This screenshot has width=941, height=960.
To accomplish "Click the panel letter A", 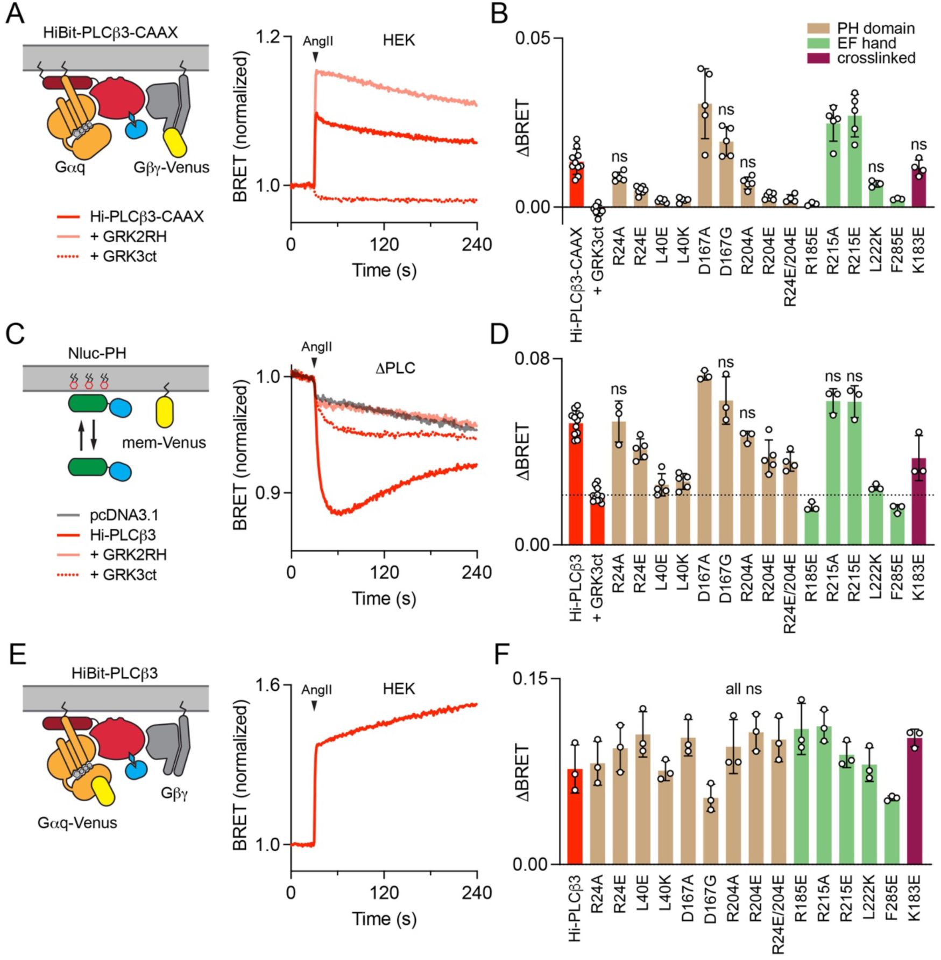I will pyautogui.click(x=15, y=13).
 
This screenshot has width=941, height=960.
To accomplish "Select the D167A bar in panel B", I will pyautogui.click(x=705, y=156).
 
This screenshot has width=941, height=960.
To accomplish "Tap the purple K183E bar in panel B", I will pyautogui.click(x=919, y=188).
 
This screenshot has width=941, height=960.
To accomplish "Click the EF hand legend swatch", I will pyautogui.click(x=819, y=43).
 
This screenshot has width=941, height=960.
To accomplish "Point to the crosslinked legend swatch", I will pyautogui.click(x=819, y=58).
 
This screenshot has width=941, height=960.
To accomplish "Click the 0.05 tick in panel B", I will pyautogui.click(x=533, y=38).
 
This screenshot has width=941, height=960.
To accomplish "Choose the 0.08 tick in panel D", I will pyautogui.click(x=533, y=359).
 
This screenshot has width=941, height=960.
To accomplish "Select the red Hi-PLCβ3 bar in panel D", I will pyautogui.click(x=576, y=485).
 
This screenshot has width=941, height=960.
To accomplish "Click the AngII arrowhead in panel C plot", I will pyautogui.click(x=314, y=363).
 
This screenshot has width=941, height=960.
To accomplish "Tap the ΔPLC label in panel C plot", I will pyautogui.click(x=395, y=368).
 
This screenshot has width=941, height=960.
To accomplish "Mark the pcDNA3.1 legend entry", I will pyautogui.click(x=124, y=515).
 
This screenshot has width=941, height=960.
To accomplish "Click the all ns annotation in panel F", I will pyautogui.click(x=743, y=689).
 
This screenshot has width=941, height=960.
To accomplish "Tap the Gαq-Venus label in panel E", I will pyautogui.click(x=77, y=823).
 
